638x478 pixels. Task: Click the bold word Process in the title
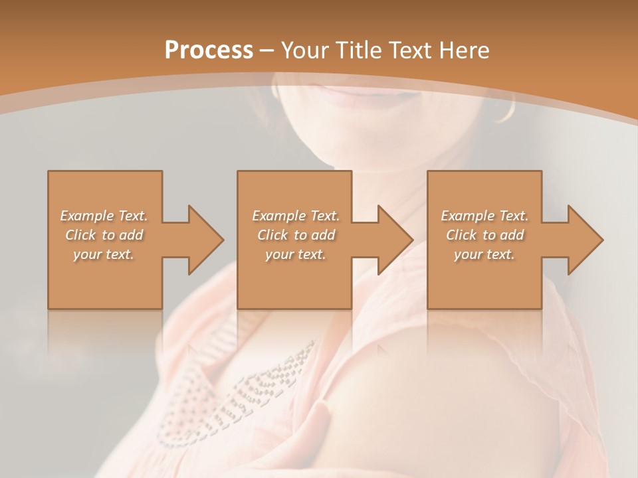click(209, 50)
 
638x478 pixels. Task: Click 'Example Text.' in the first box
click(104, 216)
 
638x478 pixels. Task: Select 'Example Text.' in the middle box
click(296, 216)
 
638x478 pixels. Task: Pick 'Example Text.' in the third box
click(484, 216)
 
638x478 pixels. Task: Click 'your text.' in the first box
click(104, 254)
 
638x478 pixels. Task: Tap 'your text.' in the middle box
click(296, 254)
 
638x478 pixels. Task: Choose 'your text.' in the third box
click(484, 254)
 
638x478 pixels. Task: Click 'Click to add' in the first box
click(104, 235)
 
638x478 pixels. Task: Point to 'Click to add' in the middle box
click(296, 235)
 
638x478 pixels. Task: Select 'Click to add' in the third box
click(484, 235)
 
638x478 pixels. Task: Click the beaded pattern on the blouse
click(266, 385)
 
